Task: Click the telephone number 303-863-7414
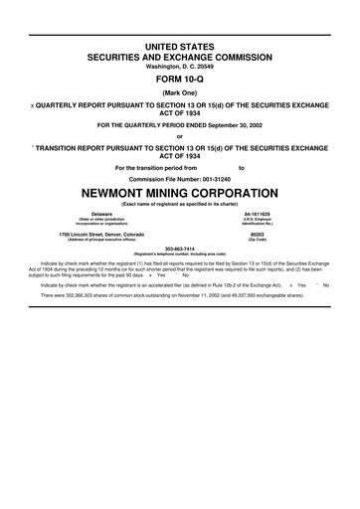[x=180, y=249]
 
